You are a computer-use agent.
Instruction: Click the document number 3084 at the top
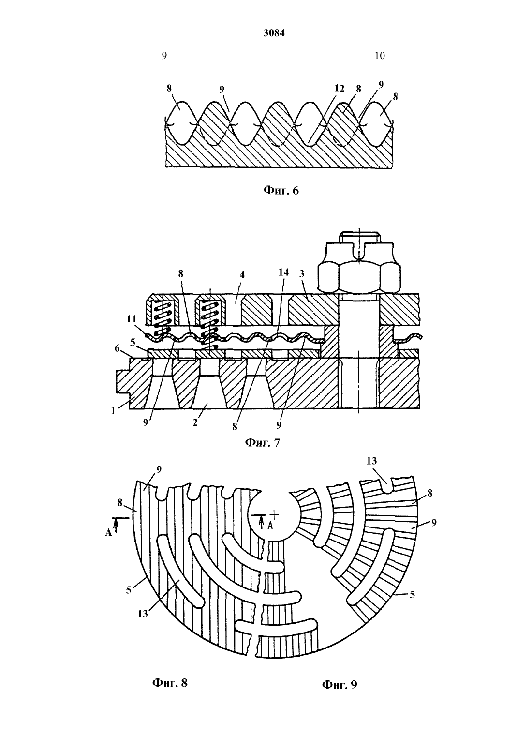click(x=274, y=33)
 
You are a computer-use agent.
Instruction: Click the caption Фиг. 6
click(x=281, y=191)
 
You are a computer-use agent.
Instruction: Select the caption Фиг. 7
click(x=262, y=442)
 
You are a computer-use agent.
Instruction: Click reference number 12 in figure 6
click(x=339, y=89)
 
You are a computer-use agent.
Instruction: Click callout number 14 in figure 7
click(x=283, y=272)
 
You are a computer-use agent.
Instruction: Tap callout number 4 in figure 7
click(x=242, y=275)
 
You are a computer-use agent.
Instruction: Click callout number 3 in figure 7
click(x=302, y=273)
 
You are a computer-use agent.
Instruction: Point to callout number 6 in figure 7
click(x=117, y=348)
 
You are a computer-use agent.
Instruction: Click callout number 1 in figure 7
click(x=114, y=410)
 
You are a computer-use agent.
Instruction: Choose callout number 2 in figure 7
click(x=195, y=422)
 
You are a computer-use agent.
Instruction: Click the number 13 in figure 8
click(x=142, y=614)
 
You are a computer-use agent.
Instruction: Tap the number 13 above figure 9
click(x=372, y=461)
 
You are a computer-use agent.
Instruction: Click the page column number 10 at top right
click(x=380, y=56)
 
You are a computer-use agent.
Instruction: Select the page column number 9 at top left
click(x=164, y=56)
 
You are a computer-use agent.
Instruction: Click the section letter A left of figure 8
click(x=108, y=532)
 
